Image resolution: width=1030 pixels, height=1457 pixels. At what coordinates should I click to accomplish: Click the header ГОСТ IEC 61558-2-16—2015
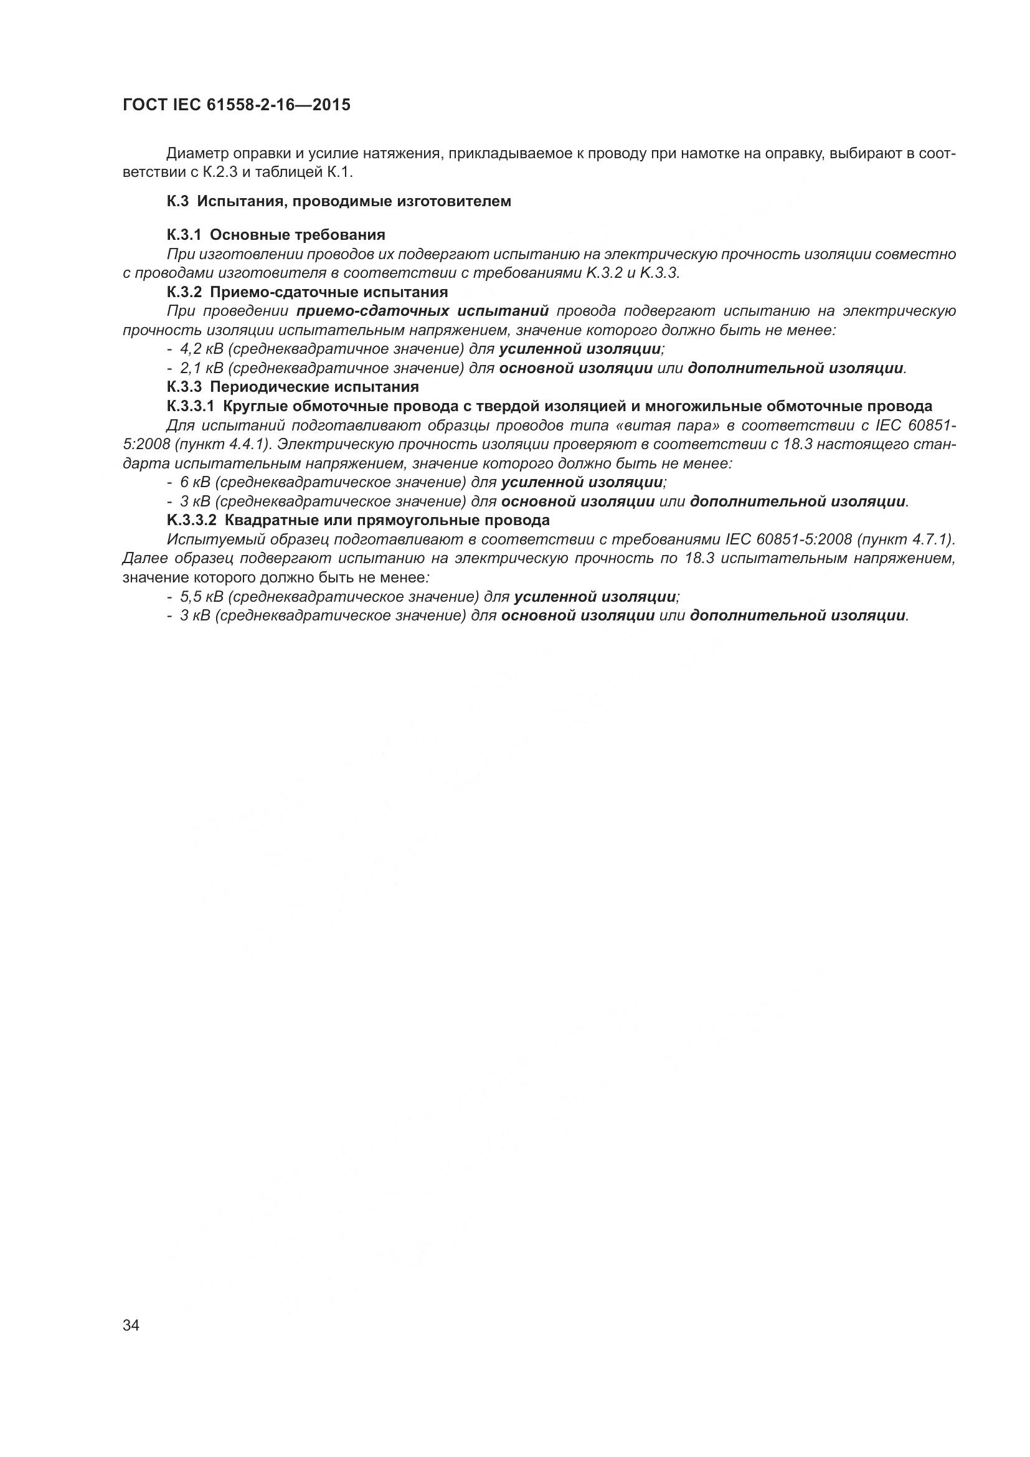point(236,105)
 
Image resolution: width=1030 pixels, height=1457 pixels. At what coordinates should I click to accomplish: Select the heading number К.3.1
point(184,235)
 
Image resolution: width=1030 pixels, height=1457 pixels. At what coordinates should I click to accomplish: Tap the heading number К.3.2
point(184,292)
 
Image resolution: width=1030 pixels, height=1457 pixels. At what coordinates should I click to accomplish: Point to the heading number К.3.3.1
point(191,406)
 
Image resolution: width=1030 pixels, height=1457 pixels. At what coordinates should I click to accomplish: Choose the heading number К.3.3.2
point(192,520)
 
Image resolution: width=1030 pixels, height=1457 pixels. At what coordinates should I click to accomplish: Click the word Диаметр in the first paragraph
point(197,154)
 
